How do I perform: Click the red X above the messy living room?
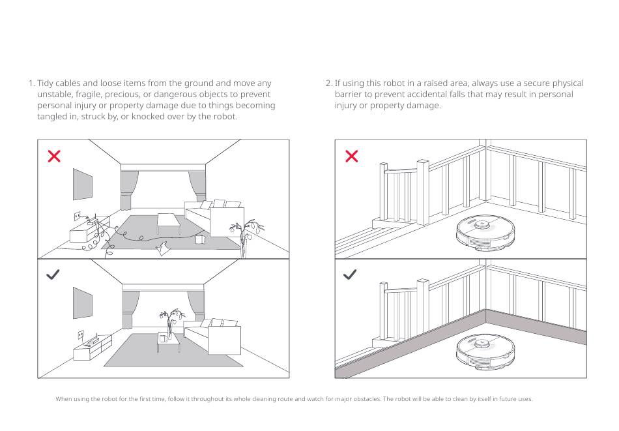pos(54,156)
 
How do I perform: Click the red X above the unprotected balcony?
pos(351,156)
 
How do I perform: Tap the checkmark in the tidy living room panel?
pos(53,275)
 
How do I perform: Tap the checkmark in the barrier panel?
pos(350,275)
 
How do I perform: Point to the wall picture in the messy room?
pos(82,185)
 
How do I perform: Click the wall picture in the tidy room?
pos(82,303)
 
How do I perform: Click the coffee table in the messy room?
pos(169,222)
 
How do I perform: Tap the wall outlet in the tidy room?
pos(81,334)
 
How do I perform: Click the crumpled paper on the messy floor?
pos(164,246)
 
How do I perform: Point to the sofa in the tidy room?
pos(214,336)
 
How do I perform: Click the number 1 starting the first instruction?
pos(31,83)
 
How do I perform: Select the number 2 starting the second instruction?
pos(328,83)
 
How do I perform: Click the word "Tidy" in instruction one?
pos(46,83)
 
